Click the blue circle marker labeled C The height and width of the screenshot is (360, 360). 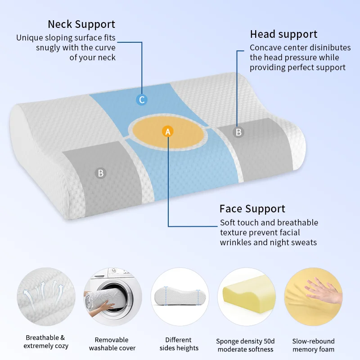(x=142, y=100)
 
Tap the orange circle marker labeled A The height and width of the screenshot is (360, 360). (x=167, y=131)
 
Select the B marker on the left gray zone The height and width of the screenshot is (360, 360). (x=101, y=173)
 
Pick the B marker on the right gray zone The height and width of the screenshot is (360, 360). (x=238, y=132)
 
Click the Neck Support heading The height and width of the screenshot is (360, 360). (x=81, y=24)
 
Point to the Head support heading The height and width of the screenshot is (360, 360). (x=283, y=34)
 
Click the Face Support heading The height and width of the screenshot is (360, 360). (x=252, y=209)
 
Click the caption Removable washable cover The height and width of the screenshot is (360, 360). (x=112, y=344)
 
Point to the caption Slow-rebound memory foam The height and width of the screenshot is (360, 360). (x=313, y=346)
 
